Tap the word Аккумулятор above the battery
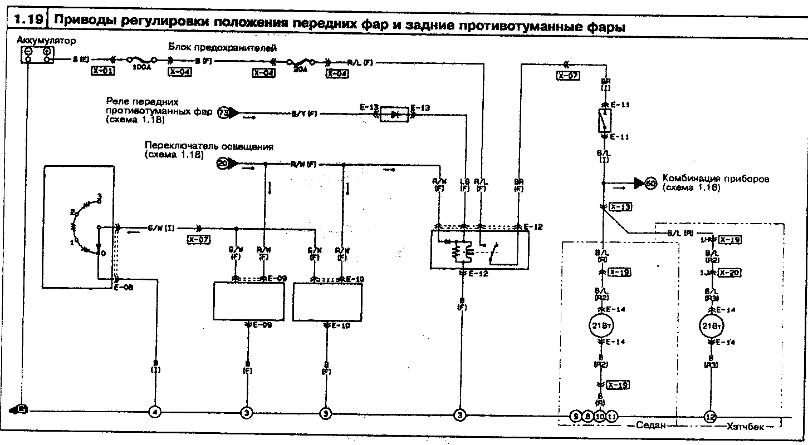[46, 41]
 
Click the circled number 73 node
[223, 113]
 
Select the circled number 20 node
[223, 164]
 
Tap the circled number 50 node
[650, 183]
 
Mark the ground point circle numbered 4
[155, 412]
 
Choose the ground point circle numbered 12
[709, 417]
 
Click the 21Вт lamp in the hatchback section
[709, 326]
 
